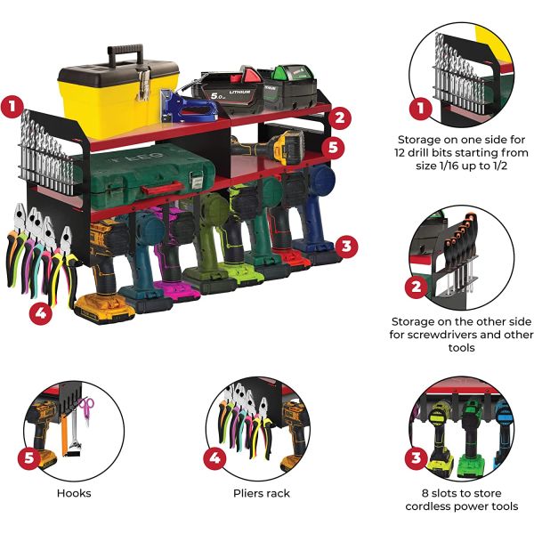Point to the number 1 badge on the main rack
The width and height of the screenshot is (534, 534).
coord(12,108)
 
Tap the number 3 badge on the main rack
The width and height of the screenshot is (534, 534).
coord(347,243)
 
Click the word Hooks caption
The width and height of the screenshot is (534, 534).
coord(73,492)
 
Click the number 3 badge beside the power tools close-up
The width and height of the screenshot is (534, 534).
coord(415,458)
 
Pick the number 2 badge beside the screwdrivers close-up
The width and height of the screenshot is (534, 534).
coord(415,286)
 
